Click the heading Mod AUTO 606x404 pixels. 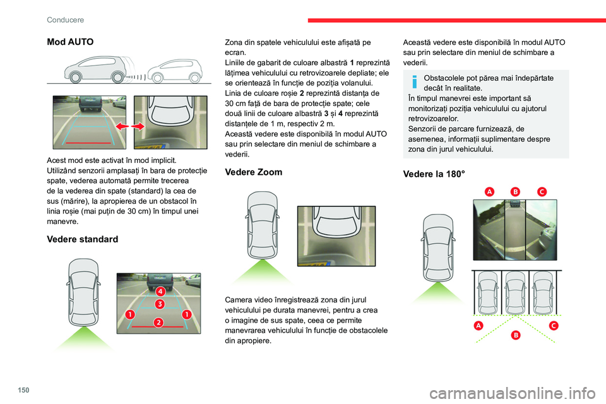pyautogui.click(x=70, y=42)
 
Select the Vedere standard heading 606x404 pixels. pyautogui.click(x=82, y=239)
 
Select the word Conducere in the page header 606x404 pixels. pyautogui.click(x=65, y=20)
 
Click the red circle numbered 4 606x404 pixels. pyautogui.click(x=161, y=292)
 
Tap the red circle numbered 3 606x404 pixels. pyautogui.click(x=160, y=304)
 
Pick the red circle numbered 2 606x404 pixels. pyautogui.click(x=158, y=322)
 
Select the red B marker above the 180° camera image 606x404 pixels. pyautogui.click(x=514, y=191)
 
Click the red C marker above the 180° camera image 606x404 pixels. pyautogui.click(x=541, y=191)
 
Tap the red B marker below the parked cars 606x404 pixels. pyautogui.click(x=515, y=335)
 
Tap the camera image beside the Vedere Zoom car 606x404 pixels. pyautogui.click(x=336, y=236)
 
